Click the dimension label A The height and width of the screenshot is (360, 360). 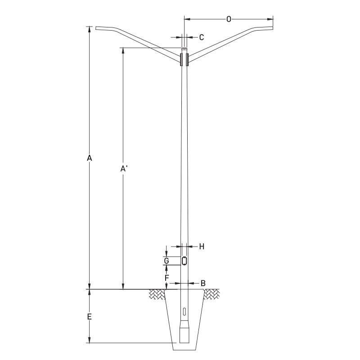coord(90,158)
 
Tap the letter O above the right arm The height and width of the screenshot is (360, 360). coord(229,19)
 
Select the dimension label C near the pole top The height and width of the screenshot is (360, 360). coord(202,37)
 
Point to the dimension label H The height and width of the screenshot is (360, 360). coord(202,246)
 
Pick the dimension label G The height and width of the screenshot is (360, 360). coord(166,261)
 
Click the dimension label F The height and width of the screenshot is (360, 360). coord(166,278)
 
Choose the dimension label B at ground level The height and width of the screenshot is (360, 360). coord(203,283)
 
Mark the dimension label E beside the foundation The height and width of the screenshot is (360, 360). coord(90,317)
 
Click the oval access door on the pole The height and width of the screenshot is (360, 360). coord(184,261)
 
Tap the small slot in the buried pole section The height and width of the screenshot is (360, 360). coord(184,312)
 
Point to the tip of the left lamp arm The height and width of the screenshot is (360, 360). coord(96,29)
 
